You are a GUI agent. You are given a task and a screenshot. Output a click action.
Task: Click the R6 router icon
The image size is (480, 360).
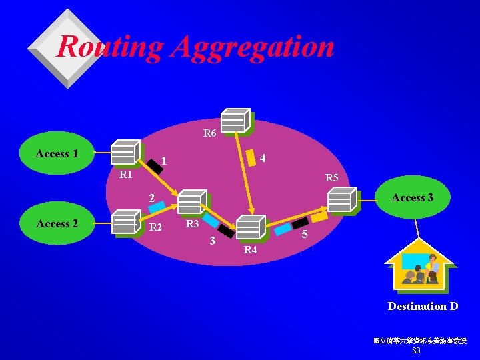click(x=236, y=120)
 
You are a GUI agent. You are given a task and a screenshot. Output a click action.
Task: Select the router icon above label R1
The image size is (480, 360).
click(x=125, y=152)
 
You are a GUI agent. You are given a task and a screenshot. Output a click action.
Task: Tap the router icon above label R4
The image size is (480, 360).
click(x=251, y=227)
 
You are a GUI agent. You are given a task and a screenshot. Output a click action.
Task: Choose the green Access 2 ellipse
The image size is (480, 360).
click(x=57, y=224)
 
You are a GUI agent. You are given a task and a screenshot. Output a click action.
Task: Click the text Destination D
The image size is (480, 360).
click(x=423, y=307)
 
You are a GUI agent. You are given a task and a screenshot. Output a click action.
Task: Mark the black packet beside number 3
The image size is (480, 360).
click(x=227, y=231)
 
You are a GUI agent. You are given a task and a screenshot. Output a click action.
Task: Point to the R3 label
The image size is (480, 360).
click(x=193, y=225)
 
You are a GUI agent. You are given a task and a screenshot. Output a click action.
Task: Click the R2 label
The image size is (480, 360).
click(x=156, y=227)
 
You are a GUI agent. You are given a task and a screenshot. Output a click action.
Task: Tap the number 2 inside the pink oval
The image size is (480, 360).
click(x=152, y=198)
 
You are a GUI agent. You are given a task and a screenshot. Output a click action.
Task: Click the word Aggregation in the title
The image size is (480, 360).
click(x=252, y=47)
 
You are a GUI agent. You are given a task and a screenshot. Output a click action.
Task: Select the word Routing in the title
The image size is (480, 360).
click(x=110, y=47)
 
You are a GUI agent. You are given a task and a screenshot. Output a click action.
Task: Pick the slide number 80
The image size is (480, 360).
click(x=416, y=351)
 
